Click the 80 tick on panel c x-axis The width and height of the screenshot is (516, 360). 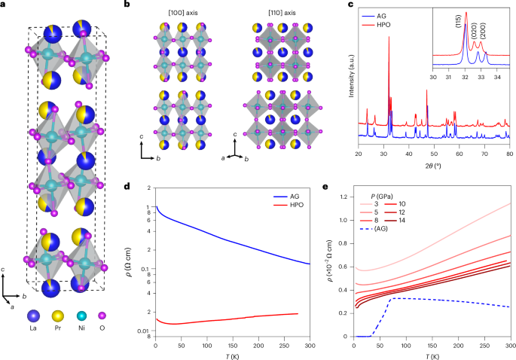tap(510, 154)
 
